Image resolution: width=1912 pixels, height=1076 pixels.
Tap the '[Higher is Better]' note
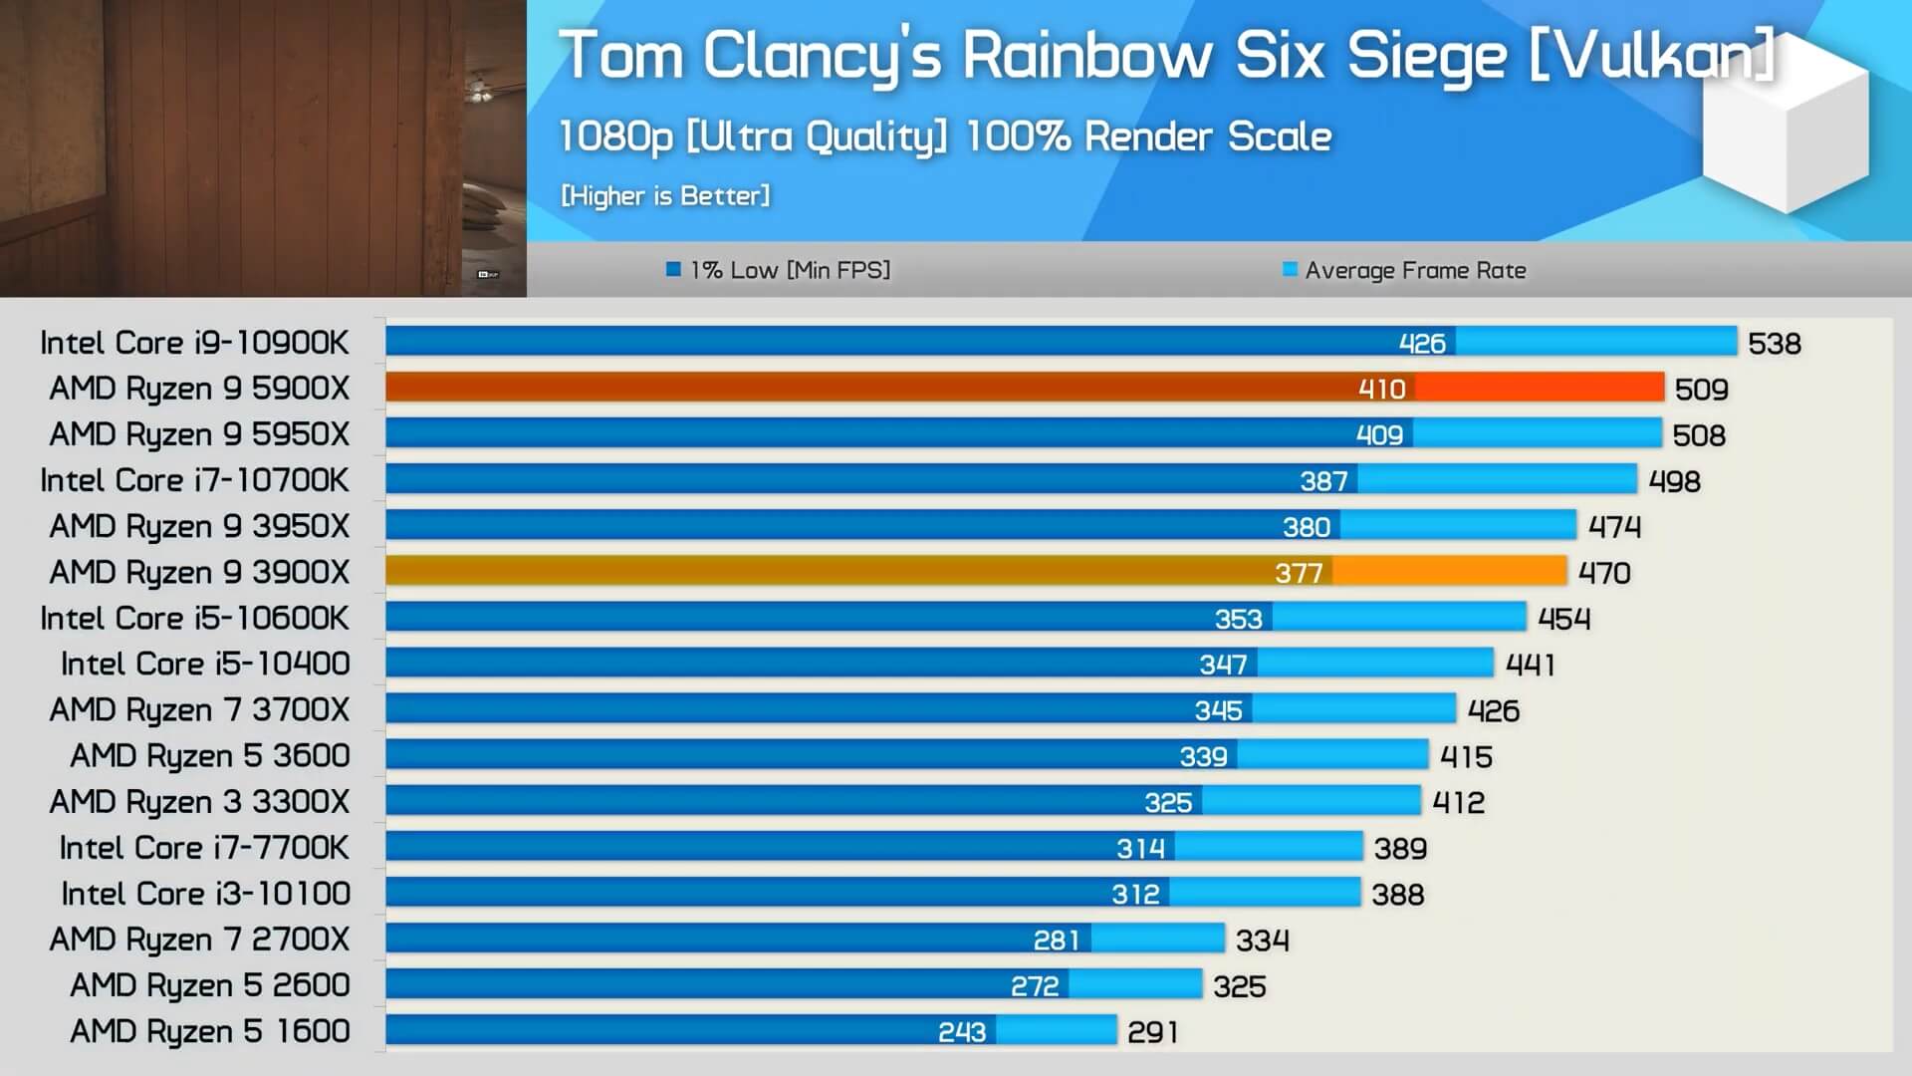point(665,195)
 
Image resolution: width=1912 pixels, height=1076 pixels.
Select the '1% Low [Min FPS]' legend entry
point(779,270)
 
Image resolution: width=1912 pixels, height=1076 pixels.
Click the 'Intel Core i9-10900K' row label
point(194,343)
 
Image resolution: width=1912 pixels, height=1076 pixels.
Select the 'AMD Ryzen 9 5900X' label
point(199,389)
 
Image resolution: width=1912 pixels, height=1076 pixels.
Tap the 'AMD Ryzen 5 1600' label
point(209,1031)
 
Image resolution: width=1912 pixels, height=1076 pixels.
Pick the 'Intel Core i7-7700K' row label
point(204,848)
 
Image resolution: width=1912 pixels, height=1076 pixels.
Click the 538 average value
point(1775,344)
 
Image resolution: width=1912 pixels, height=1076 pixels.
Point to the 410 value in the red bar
point(1382,389)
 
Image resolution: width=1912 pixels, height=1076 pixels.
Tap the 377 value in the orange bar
point(1299,573)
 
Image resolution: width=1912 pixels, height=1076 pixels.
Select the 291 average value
point(1153,1032)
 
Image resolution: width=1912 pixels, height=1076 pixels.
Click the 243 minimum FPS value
point(962,1032)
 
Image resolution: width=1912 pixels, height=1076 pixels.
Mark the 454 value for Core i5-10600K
point(1564,619)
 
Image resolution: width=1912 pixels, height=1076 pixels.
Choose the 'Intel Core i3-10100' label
point(205,894)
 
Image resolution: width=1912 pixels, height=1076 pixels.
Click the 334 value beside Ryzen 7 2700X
point(1263,941)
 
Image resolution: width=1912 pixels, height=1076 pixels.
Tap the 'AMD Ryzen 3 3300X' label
point(199,802)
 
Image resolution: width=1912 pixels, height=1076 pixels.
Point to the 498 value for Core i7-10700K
point(1675,481)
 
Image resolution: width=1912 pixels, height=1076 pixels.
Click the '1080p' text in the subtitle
point(615,137)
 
